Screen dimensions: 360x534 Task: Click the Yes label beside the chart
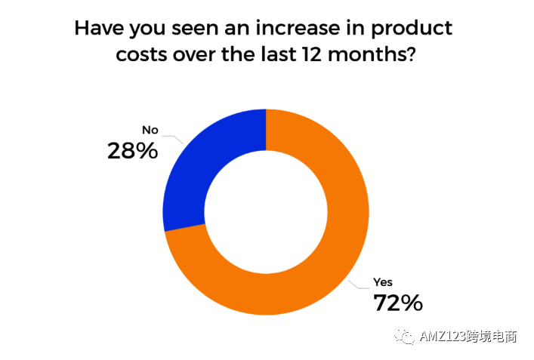[x=383, y=283]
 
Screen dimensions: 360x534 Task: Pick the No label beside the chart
[x=150, y=130]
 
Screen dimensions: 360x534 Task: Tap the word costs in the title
[x=144, y=55]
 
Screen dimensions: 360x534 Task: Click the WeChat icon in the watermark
[x=409, y=337]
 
